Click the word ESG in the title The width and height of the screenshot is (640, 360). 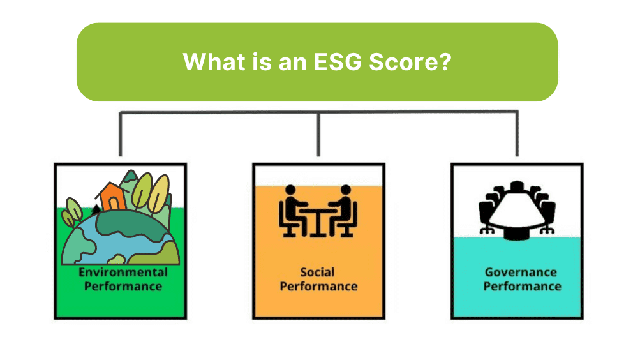click(x=338, y=62)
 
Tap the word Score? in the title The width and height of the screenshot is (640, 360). click(x=410, y=62)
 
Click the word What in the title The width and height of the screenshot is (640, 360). click(x=214, y=62)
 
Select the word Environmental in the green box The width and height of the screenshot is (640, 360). click(x=123, y=273)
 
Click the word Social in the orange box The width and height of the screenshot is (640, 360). click(x=317, y=273)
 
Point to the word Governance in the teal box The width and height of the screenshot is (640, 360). click(x=521, y=273)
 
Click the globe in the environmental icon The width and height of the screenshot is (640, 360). click(x=121, y=238)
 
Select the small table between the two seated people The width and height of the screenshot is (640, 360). click(x=318, y=222)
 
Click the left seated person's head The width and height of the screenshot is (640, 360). click(x=290, y=190)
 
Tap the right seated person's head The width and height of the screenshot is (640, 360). click(x=346, y=190)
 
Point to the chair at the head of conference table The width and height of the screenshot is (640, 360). click(x=517, y=186)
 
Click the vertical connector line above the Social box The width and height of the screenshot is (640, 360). click(x=318, y=134)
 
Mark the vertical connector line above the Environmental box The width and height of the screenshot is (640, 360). click(x=121, y=134)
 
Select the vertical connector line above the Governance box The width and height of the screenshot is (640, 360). click(x=517, y=133)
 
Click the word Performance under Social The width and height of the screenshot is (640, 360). click(x=318, y=287)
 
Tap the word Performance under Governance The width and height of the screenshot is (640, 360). click(x=522, y=287)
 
